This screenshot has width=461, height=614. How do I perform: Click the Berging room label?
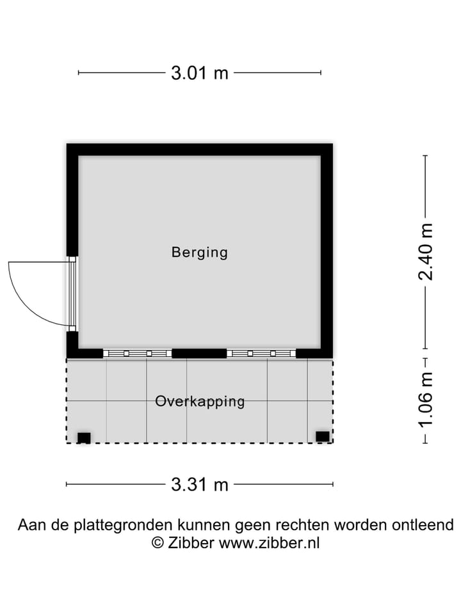click(x=199, y=252)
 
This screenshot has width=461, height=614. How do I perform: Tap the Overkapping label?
click(x=200, y=402)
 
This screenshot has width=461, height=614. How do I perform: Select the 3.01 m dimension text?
click(x=199, y=73)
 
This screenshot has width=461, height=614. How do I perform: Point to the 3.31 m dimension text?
click(x=199, y=485)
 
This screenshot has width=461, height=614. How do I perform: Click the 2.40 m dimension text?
click(x=425, y=251)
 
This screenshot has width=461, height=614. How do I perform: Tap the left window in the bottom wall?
click(x=137, y=353)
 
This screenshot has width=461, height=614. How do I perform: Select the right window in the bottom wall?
click(x=261, y=353)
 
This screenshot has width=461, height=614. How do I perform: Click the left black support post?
click(x=84, y=437)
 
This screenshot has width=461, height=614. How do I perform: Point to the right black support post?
click(x=322, y=436)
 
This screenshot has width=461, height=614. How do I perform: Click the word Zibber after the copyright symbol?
click(x=191, y=543)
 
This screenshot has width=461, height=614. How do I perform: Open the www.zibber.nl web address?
click(x=269, y=543)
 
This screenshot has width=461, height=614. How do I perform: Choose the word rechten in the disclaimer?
click(x=301, y=525)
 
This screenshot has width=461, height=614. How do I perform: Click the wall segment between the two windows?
click(x=199, y=353)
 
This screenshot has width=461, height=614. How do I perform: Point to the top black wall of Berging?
click(x=199, y=150)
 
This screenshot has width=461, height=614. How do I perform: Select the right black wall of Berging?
click(x=327, y=249)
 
